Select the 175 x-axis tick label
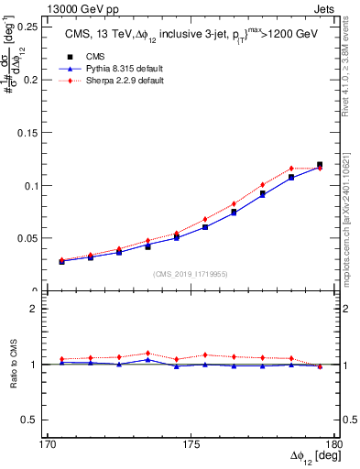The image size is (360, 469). coord(191,444)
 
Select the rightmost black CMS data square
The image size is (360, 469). coord(320,165)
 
